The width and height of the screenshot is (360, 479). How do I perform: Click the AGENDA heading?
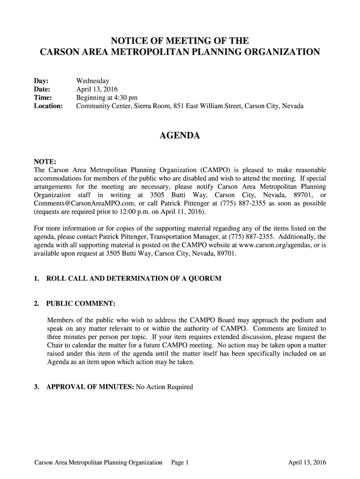pyautogui.click(x=180, y=136)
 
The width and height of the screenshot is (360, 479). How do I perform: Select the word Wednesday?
pyautogui.click(x=93, y=81)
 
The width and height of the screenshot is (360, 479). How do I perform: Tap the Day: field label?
pyautogui.click(x=42, y=81)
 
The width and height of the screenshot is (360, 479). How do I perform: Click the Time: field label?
pyautogui.click(x=43, y=98)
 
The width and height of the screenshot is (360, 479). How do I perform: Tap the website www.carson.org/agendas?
pyautogui.click(x=268, y=246)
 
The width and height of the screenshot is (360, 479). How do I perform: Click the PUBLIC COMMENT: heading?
pyautogui.click(x=81, y=304)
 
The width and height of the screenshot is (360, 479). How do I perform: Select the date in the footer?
pyautogui.click(x=307, y=463)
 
